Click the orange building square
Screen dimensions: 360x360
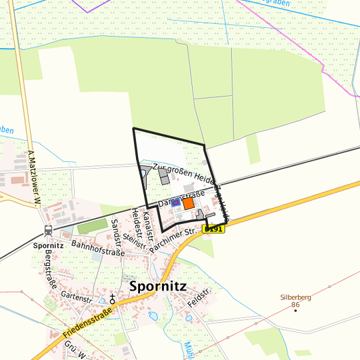[x=189, y=203]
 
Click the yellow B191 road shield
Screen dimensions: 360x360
[x=214, y=229]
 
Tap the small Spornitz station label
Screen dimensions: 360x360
[x=48, y=245]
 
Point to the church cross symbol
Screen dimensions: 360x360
[x=113, y=298]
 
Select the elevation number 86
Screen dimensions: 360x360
[x=294, y=306]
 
